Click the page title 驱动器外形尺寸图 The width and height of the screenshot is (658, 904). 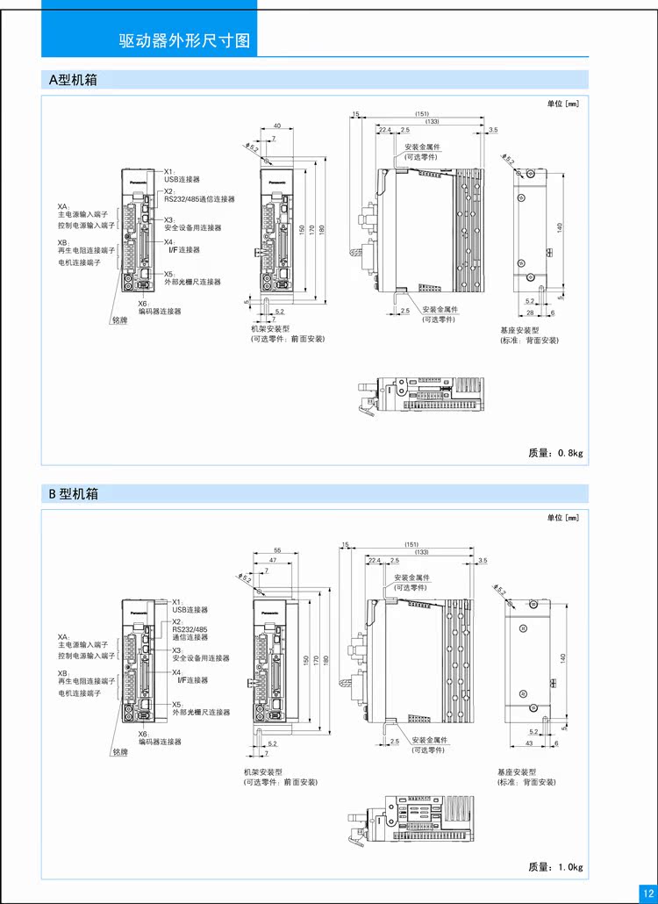coord(184,41)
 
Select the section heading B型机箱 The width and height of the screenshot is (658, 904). coord(74,494)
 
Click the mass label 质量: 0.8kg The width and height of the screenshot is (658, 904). coord(555,453)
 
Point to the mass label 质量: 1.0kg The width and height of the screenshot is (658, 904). coord(555,867)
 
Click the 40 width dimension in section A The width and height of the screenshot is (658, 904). coord(276,126)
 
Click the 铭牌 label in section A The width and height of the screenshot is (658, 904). coord(119,320)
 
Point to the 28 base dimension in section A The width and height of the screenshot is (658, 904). coord(530,312)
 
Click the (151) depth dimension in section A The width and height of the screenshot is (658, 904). coord(421,114)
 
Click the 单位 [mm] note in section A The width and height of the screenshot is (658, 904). coord(562,104)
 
